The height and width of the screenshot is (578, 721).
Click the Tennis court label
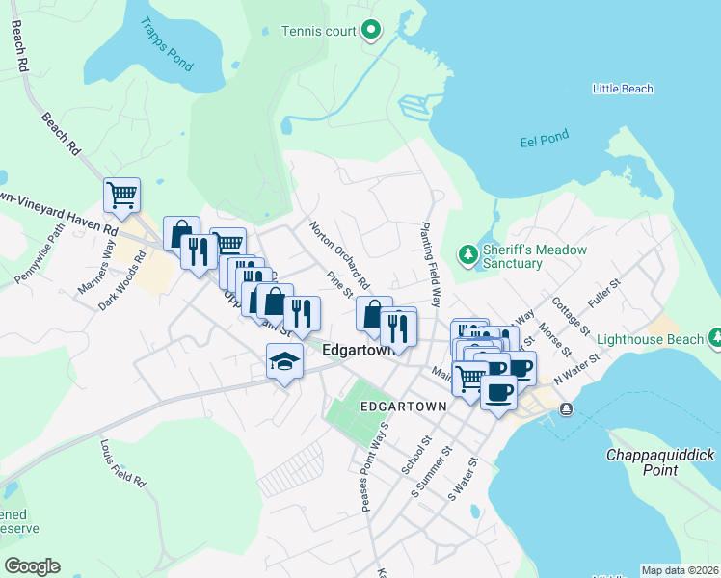tap(318, 31)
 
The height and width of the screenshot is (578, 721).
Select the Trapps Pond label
tap(166, 44)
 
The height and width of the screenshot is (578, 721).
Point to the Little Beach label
tap(623, 89)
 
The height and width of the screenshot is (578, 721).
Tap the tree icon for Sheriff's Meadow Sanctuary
tap(467, 254)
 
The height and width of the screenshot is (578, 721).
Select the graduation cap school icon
tap(284, 361)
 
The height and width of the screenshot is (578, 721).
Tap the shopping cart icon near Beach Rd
tap(121, 195)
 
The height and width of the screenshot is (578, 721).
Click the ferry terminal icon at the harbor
tap(565, 409)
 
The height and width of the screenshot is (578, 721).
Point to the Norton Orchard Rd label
tap(339, 255)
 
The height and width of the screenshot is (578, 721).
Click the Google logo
tap(32, 566)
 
